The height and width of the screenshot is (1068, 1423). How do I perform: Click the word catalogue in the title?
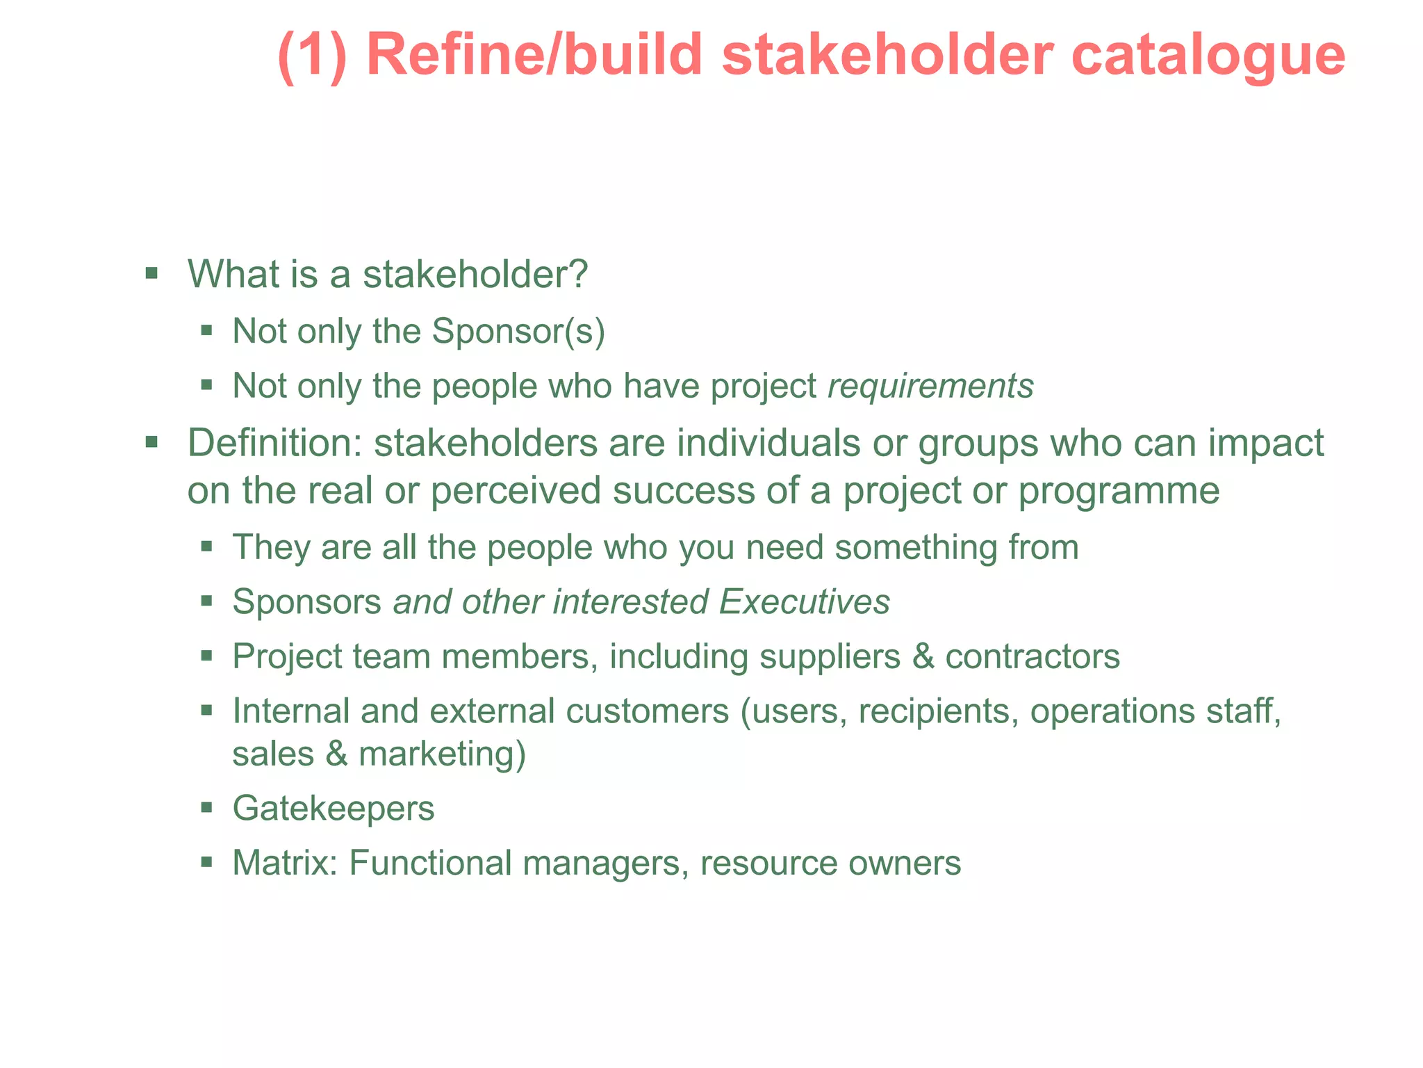1208,56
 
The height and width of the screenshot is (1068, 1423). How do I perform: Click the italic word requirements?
930,387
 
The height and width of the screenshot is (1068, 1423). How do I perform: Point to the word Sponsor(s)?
518,332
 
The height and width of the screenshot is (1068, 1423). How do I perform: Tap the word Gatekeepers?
334,809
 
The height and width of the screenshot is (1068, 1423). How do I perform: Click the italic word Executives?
805,602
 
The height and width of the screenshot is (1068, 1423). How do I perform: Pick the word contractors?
1033,657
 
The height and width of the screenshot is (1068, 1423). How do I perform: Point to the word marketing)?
442,754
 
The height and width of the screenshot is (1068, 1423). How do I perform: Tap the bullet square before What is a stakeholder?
151,272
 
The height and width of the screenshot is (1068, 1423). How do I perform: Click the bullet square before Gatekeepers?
206,807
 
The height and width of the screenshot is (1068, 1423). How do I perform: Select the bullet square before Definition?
151,442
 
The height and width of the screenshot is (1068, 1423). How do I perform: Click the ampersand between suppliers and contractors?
923,657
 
